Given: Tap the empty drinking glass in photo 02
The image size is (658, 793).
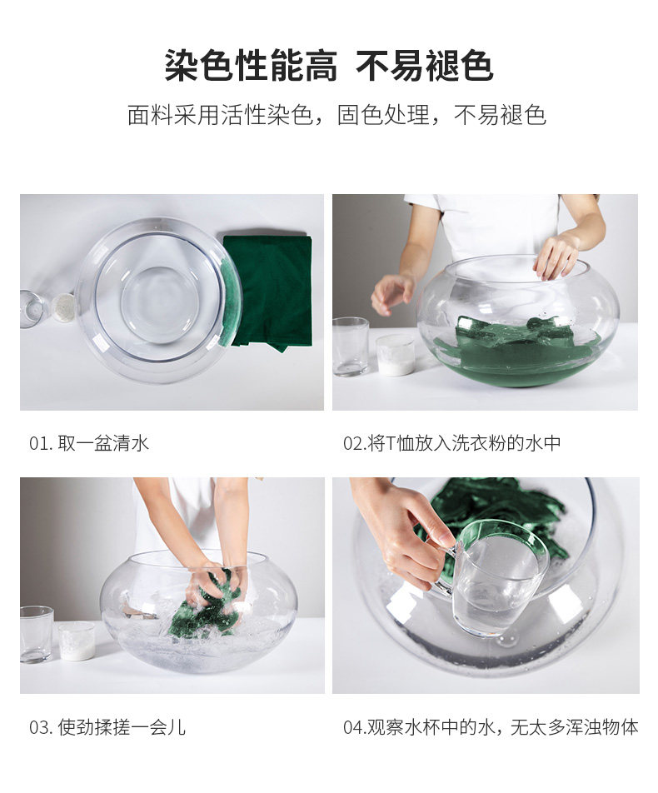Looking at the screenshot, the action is (x=351, y=347).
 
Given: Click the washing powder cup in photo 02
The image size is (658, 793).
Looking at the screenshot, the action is (x=395, y=355).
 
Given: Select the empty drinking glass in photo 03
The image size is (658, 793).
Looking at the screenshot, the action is (x=37, y=634).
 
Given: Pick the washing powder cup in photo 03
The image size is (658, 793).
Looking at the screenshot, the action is (x=77, y=641).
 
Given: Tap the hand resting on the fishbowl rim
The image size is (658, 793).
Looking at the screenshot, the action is (x=556, y=257).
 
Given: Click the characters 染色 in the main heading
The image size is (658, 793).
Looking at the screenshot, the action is (x=199, y=66).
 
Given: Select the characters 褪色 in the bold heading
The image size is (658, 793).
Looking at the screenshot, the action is (x=459, y=66).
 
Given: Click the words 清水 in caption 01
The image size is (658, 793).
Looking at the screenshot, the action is (x=131, y=443).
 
